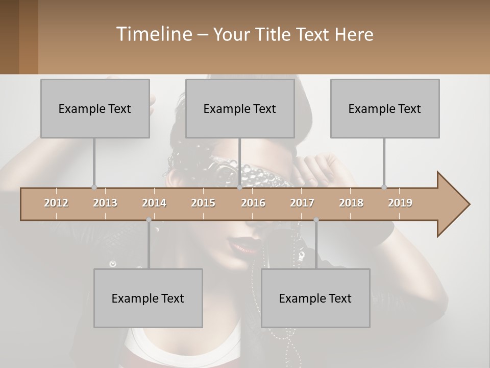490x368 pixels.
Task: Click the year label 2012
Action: point(56,203)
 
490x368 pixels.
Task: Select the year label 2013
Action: point(105,203)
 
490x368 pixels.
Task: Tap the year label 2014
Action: point(154,203)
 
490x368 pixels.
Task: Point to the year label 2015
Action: point(203,203)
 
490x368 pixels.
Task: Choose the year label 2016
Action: point(253,203)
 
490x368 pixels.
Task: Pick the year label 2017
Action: point(302,203)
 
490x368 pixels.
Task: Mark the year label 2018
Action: point(351,203)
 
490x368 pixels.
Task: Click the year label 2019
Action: point(400,203)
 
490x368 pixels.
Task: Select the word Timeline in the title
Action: point(153,34)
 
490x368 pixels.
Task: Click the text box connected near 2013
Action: point(95,108)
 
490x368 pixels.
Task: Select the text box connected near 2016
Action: point(240,108)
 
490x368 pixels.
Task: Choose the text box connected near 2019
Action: point(385,108)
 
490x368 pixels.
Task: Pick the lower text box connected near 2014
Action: point(148,298)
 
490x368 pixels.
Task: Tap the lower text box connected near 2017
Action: point(315,298)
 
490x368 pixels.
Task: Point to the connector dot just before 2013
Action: point(94,187)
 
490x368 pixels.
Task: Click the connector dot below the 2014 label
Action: point(149,220)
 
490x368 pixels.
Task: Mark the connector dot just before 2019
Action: point(384,187)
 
